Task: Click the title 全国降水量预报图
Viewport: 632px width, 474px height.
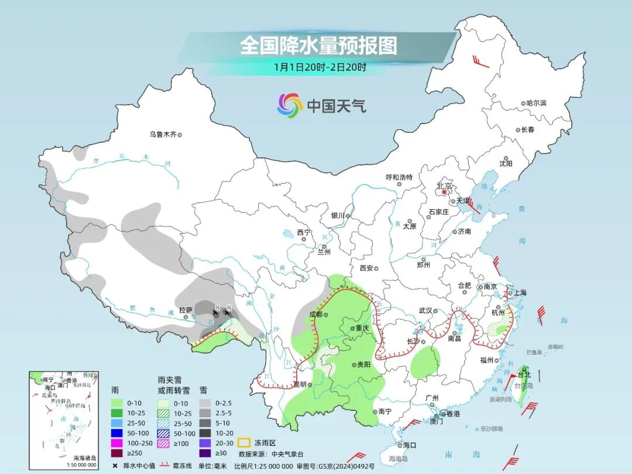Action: (x=318, y=45)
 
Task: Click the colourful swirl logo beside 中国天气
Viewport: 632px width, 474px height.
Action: (x=290, y=105)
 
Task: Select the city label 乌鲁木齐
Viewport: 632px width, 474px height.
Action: (x=162, y=135)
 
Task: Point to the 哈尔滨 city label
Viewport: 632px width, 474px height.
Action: (x=535, y=103)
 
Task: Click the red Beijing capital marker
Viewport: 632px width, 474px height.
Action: (x=444, y=191)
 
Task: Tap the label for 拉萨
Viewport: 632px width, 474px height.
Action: (x=185, y=310)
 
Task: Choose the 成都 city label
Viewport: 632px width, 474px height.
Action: (x=315, y=314)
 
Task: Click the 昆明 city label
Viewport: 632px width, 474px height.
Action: (x=300, y=384)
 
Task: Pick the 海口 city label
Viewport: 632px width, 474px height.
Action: (x=410, y=445)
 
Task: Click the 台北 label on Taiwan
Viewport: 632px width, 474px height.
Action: (x=524, y=375)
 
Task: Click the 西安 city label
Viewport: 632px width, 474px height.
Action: (x=366, y=268)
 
